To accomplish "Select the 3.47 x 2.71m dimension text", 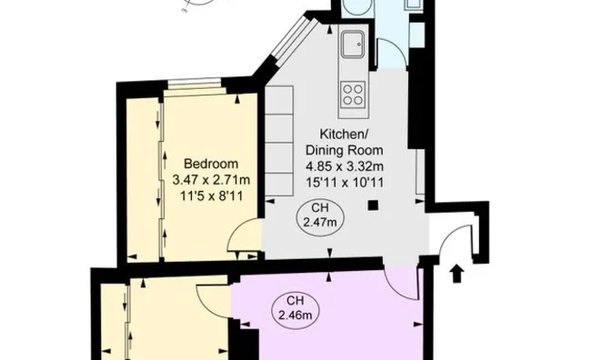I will point(211,180).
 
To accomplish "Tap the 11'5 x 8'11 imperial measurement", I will point(211,195).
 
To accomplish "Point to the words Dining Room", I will point(344,149).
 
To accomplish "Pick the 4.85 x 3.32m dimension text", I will point(344,165).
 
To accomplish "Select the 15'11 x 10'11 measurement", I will point(344,181).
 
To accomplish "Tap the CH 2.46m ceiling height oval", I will point(294,308).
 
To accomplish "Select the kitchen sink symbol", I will point(352,43).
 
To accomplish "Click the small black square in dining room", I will point(372,205).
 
